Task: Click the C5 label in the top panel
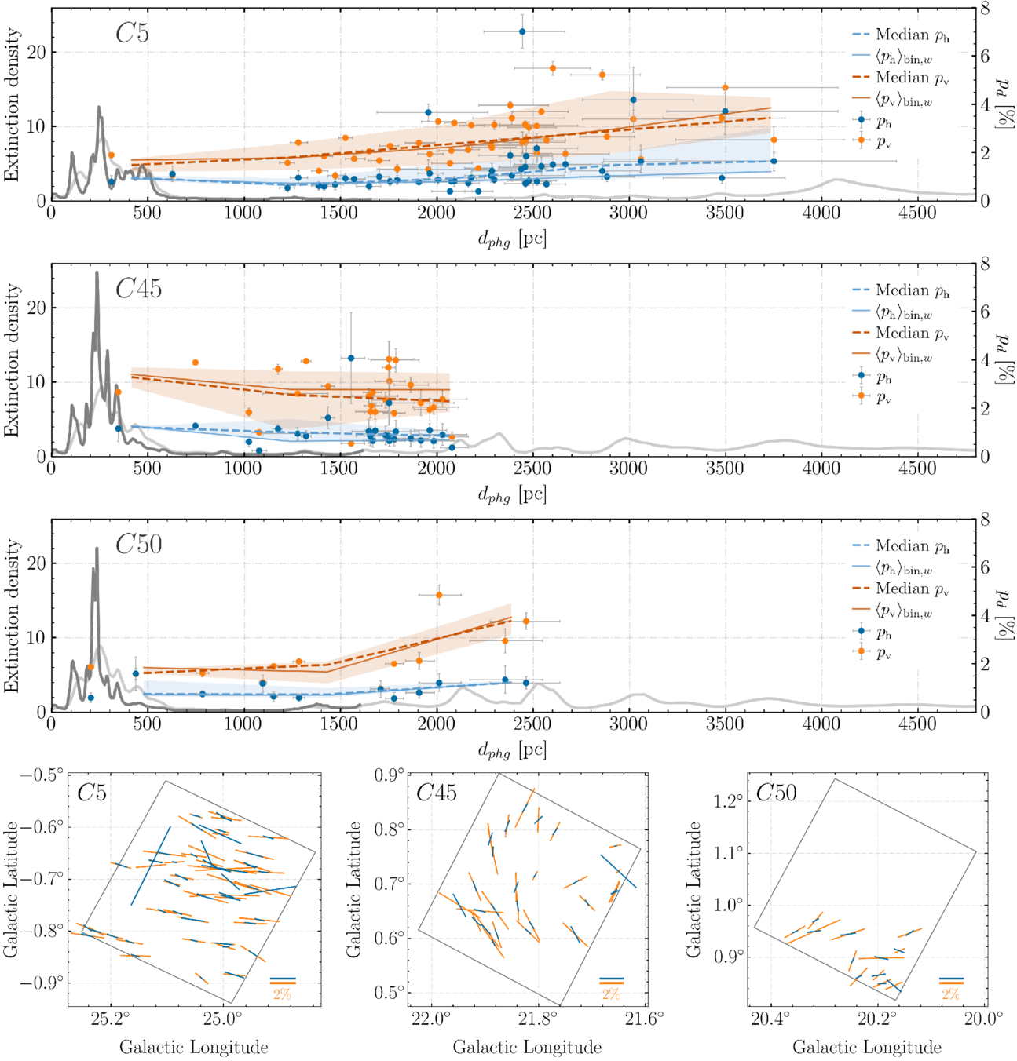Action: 132,33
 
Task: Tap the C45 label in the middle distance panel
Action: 138,289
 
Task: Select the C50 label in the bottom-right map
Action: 775,793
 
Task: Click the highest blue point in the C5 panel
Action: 522,32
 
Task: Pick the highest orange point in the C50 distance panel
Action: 439,595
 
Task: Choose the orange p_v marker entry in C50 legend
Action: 862,651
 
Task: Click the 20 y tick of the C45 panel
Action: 37,308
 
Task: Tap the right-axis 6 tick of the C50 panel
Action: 984,567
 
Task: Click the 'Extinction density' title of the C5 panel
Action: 12,105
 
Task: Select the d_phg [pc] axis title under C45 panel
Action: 512,494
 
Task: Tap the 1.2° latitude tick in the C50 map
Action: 728,801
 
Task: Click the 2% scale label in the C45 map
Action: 610,994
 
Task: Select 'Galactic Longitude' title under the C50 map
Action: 866,1047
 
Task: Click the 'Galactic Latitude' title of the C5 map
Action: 11,890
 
